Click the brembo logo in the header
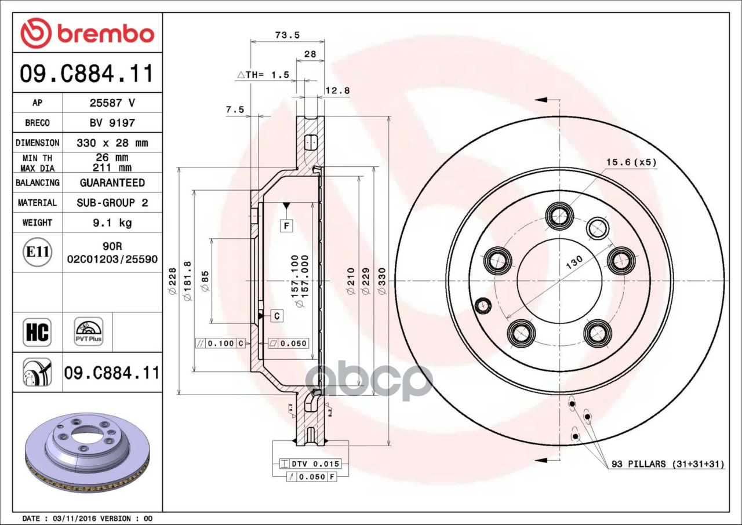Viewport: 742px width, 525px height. click(87, 34)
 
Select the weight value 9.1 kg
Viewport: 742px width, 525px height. click(112, 223)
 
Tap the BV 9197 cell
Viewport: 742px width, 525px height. click(112, 123)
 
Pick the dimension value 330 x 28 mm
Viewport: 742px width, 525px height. click(112, 143)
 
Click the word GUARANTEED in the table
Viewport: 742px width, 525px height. click(112, 183)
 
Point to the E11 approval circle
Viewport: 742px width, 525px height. click(38, 252)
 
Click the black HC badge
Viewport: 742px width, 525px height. click(37, 333)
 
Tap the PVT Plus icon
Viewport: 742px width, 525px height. click(89, 331)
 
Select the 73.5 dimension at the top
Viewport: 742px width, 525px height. click(287, 35)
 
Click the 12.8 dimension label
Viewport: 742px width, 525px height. click(337, 90)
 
